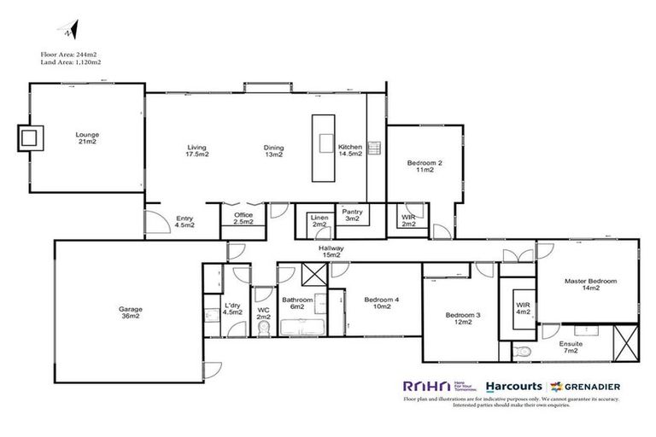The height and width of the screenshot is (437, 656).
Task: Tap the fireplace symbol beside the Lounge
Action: (29, 137)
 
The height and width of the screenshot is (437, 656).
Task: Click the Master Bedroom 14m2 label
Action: (589, 285)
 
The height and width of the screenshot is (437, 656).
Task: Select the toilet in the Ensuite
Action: (524, 350)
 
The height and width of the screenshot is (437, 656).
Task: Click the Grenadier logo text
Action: (592, 384)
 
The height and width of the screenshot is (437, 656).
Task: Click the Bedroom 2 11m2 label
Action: (425, 166)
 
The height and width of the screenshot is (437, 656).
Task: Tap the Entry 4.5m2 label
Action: (184, 222)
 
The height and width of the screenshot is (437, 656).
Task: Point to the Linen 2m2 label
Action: (319, 221)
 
